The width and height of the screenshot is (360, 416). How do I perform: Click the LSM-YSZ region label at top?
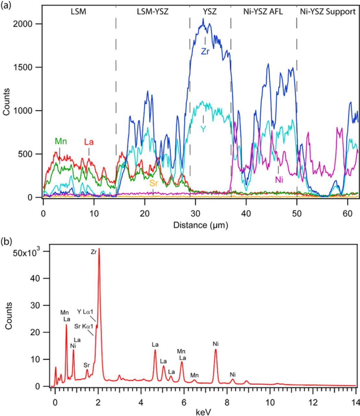click(153, 12)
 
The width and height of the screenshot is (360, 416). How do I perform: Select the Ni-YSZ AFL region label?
click(263, 12)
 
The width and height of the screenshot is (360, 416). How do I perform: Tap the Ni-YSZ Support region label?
click(328, 12)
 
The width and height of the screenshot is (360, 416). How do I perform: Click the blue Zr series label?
click(205, 51)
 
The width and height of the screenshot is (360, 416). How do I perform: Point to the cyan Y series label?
click(203, 129)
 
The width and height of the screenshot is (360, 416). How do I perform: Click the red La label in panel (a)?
click(89, 142)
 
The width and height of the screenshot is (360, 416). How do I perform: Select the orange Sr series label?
click(154, 183)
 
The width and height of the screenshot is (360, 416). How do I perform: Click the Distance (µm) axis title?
click(200, 225)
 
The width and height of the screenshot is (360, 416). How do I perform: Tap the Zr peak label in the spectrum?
click(93, 252)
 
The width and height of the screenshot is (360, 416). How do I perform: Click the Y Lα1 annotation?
click(85, 312)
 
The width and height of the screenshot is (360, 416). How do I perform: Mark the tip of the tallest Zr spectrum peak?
click(99, 249)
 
